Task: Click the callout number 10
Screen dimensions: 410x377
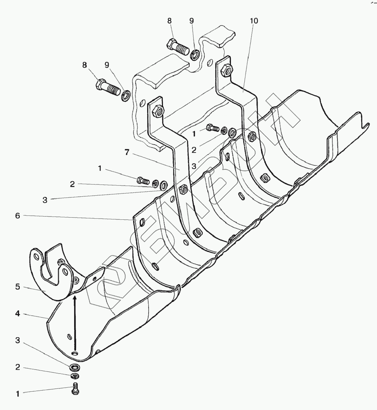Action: (254, 21)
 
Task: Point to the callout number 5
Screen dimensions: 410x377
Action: (17, 288)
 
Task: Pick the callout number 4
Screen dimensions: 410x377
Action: (17, 314)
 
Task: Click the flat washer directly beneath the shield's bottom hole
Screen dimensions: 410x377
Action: (75, 368)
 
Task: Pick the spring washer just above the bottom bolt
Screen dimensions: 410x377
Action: (75, 376)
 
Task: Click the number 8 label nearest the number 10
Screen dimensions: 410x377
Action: (169, 21)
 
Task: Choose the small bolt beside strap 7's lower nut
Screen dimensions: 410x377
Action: (143, 180)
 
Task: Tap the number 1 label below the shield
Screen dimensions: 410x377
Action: (17, 394)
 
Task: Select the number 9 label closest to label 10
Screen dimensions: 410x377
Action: (192, 21)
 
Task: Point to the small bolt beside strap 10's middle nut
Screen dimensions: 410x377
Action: (212, 127)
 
